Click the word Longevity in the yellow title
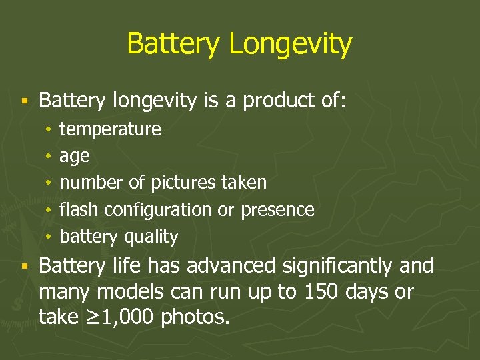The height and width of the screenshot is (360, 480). [x=290, y=45]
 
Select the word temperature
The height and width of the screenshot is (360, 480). [x=110, y=129]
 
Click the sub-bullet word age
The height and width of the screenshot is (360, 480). [x=74, y=157]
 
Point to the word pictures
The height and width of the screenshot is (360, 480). [x=183, y=182]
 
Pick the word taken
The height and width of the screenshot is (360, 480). [x=243, y=182]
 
